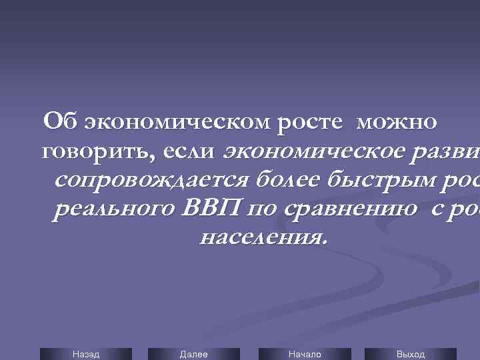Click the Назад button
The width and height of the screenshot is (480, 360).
click(85, 354)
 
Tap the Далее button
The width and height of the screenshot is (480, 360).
click(193, 354)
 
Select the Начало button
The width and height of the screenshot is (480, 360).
click(304, 354)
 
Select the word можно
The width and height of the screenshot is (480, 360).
click(397, 123)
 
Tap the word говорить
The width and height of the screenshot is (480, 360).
click(94, 152)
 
